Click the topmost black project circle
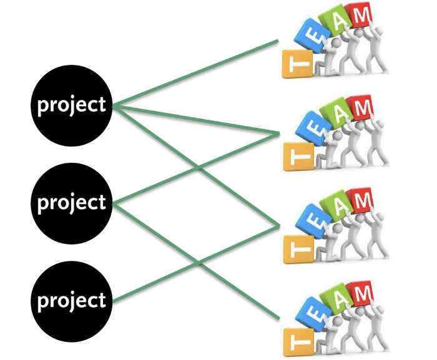click(72, 105)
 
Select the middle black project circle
click(72, 203)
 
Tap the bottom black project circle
click(72, 301)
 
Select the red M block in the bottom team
click(362, 291)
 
